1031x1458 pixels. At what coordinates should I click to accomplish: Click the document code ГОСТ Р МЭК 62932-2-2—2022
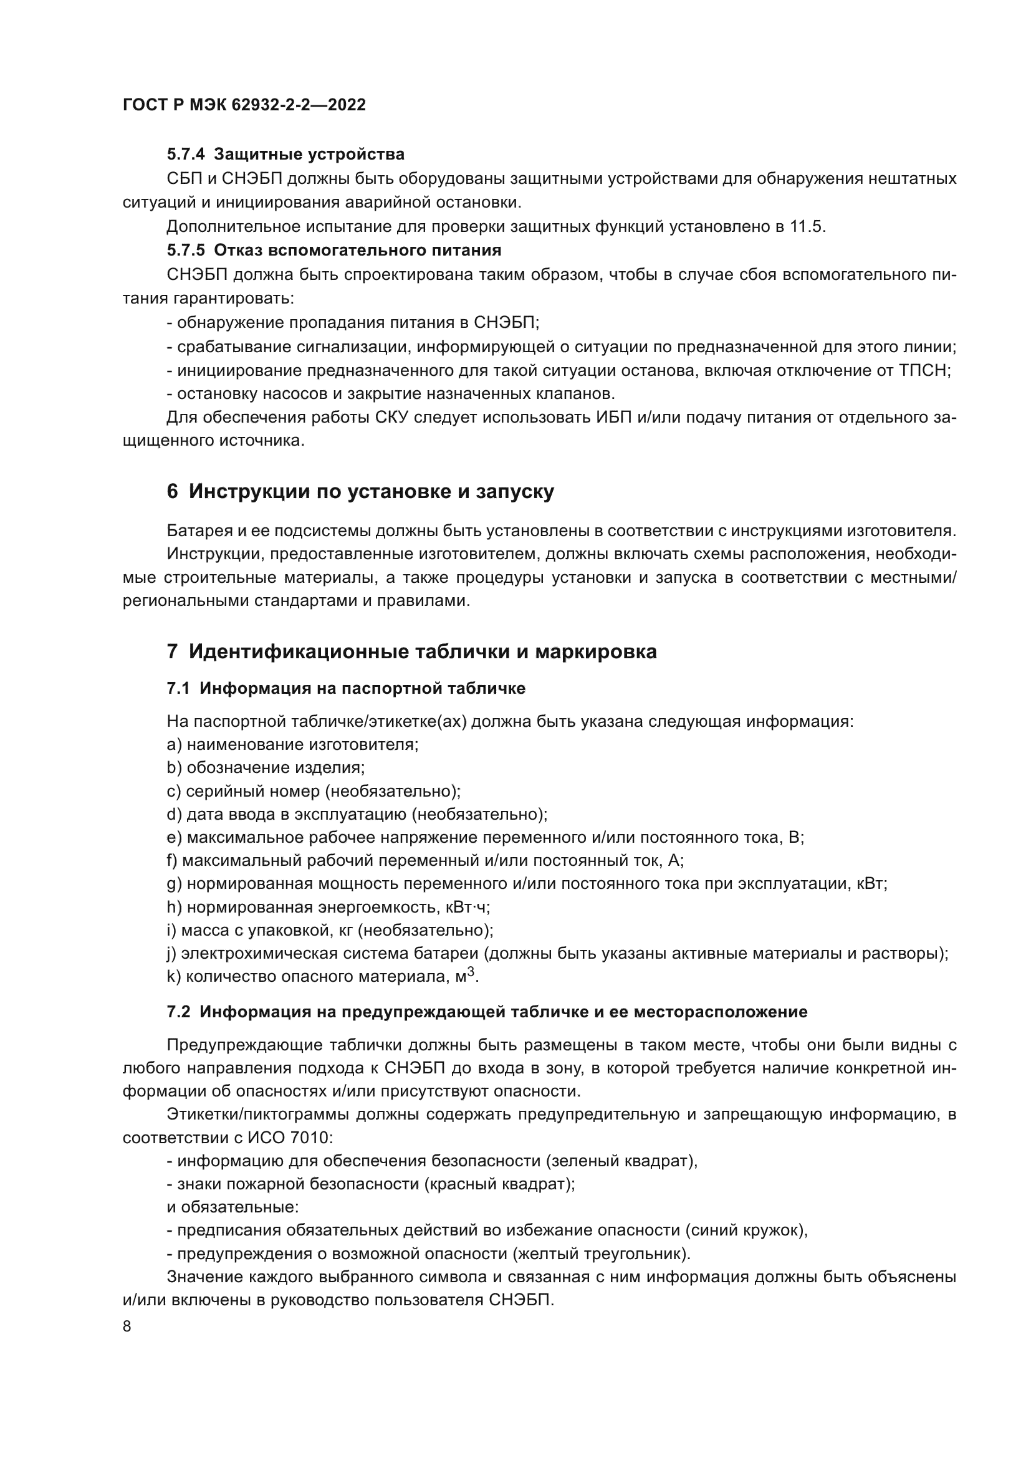coord(244,105)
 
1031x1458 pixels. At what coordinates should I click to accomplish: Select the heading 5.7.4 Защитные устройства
coord(285,155)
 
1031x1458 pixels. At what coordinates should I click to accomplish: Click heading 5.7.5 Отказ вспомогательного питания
coord(334,250)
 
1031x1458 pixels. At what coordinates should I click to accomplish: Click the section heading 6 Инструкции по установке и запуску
coord(360,491)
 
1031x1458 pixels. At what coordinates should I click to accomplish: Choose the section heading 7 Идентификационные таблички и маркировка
coord(411,651)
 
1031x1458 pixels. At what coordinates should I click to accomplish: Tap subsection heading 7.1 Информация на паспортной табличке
coord(346,689)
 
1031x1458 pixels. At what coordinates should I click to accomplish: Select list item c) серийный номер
coord(314,791)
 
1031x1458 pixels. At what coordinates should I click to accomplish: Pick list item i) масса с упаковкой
coord(330,931)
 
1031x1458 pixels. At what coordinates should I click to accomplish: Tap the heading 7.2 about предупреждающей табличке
coord(487,1012)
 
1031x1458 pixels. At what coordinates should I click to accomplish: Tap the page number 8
coord(127,1326)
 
